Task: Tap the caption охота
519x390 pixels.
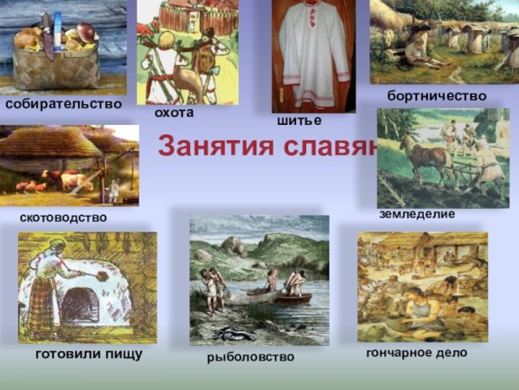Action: pyautogui.click(x=174, y=113)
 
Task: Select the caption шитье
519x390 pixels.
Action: pyautogui.click(x=299, y=120)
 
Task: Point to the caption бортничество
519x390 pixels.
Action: pyautogui.click(x=437, y=95)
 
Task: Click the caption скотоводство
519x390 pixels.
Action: pyautogui.click(x=63, y=217)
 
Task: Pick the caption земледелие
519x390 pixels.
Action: pyautogui.click(x=417, y=213)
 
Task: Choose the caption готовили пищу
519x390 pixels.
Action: pyautogui.click(x=89, y=354)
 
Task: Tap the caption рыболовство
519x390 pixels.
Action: pyautogui.click(x=251, y=356)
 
